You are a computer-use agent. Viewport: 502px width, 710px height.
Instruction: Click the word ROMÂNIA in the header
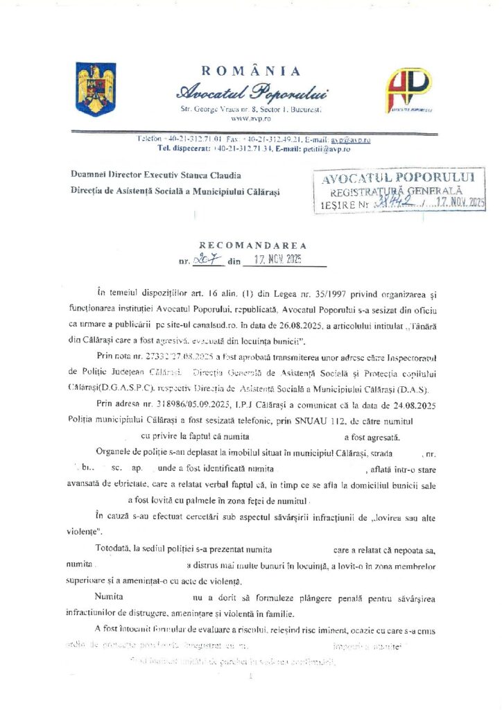point(251,71)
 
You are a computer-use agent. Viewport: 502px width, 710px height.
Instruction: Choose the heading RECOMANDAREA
point(252,245)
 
